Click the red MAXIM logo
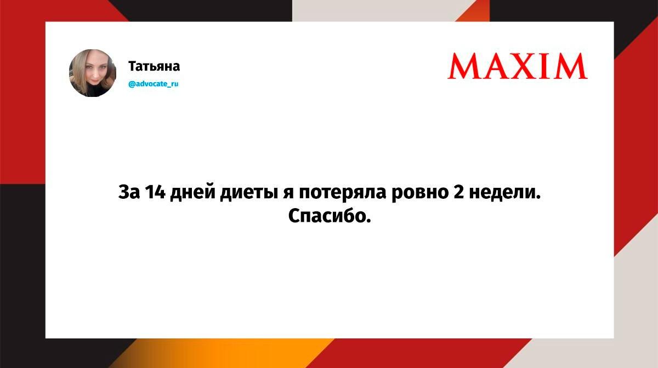[x=518, y=66]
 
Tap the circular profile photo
[x=93, y=73]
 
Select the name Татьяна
[x=154, y=66]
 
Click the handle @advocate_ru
[x=154, y=84]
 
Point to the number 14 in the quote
[x=155, y=192]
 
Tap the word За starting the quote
[x=129, y=192]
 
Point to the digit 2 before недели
[x=458, y=192]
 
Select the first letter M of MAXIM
[x=464, y=66]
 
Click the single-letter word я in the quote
[x=288, y=194]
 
